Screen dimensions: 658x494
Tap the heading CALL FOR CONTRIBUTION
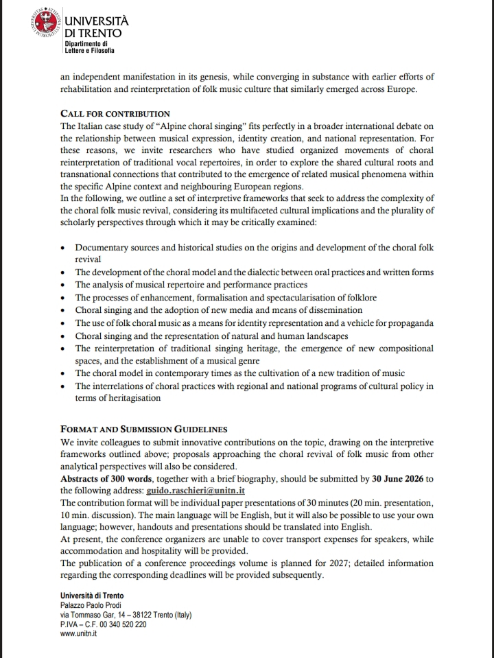tap(115, 113)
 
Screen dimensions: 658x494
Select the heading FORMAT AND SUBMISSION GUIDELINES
tap(144, 430)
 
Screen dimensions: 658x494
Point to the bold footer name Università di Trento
tap(92, 596)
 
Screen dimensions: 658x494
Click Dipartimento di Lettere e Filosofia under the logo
tap(89, 47)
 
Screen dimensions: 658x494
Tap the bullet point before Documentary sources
tap(63, 248)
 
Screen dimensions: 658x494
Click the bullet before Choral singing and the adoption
tap(63, 310)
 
